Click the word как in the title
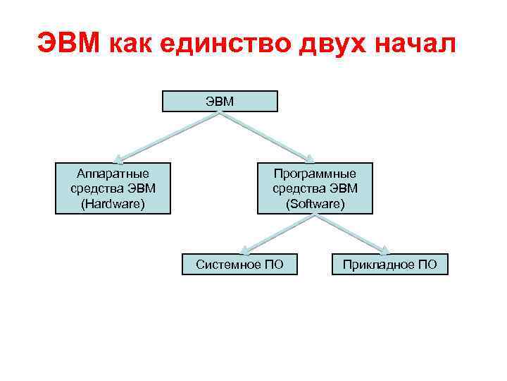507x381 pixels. pos(133,44)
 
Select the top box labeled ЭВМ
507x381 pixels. pos(220,101)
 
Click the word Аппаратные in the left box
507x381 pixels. pos(113,173)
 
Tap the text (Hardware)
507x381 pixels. pos(113,203)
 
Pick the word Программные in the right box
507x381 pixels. pos(315,173)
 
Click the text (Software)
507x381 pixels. pos(315,203)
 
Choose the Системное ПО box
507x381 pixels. pos(239,265)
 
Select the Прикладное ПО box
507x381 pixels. pos(389,265)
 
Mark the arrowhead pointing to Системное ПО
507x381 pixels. pos(244,249)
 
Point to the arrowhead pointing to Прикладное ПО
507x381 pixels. pos(385,249)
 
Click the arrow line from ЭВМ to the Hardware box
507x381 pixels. pos(169,136)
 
